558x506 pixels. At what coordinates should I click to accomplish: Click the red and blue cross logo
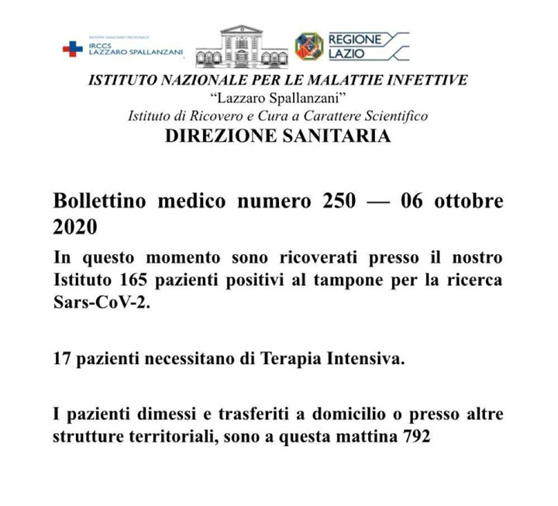[72, 49]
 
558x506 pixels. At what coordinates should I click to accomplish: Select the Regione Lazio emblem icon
[308, 46]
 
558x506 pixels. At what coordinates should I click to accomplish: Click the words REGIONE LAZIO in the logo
[354, 46]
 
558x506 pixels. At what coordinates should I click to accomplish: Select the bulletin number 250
[339, 201]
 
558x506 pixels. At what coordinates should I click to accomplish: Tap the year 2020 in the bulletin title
[75, 227]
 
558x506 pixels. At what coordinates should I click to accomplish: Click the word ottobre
[467, 201]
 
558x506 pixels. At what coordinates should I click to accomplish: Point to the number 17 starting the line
[62, 360]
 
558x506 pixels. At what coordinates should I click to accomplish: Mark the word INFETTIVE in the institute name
[425, 81]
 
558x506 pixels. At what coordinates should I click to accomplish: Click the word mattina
[365, 436]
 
